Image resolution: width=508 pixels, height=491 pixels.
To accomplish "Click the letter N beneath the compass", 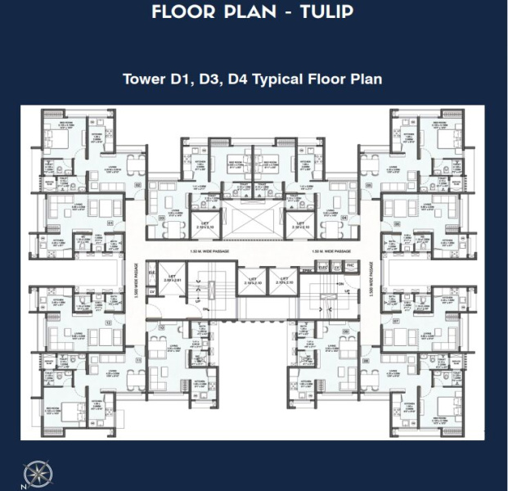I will click(25, 485).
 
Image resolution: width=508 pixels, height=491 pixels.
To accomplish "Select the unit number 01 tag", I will click(110, 221).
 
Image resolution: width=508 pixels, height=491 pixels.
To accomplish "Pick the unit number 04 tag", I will click(344, 218).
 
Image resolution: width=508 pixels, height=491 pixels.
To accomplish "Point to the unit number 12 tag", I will click(110, 322).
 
